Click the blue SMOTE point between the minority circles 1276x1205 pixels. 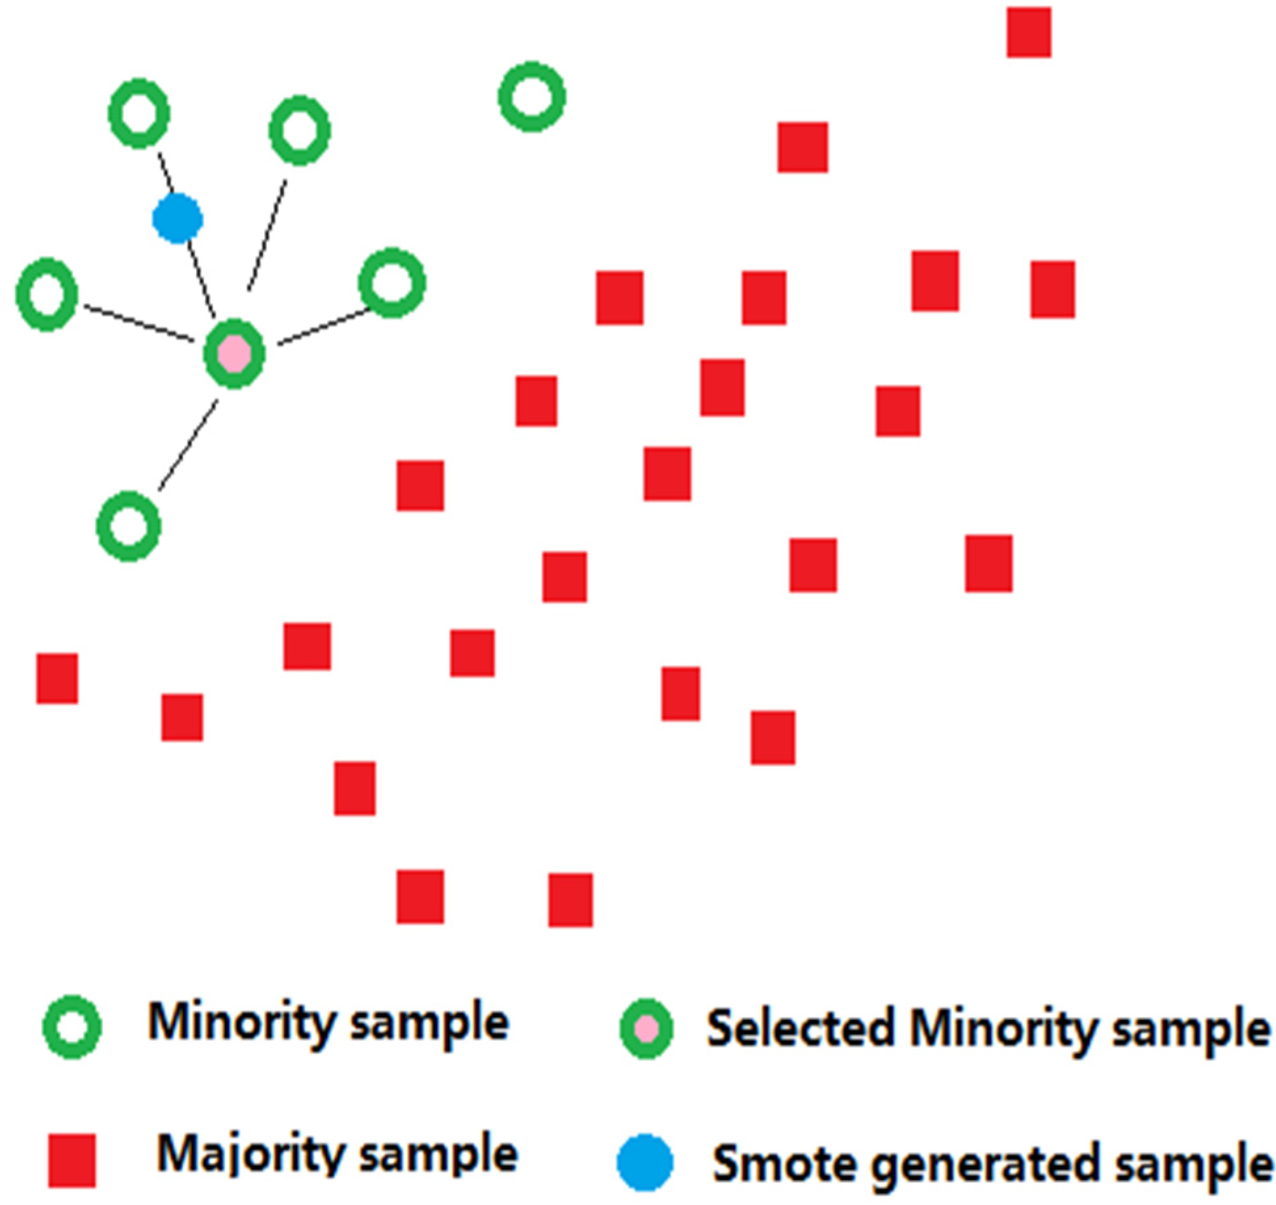177,218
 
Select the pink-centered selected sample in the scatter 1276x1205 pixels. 234,354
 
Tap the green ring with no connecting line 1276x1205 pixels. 532,97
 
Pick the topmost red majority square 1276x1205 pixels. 1029,32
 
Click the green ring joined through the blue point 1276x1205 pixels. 139,113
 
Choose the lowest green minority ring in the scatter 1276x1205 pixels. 129,526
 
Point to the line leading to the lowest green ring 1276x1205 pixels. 188,446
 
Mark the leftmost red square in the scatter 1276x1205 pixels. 57,678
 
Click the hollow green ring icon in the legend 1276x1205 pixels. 71,1027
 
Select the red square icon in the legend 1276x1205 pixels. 72,1160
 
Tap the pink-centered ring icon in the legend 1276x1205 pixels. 647,1029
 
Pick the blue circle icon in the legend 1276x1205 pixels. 645,1162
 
